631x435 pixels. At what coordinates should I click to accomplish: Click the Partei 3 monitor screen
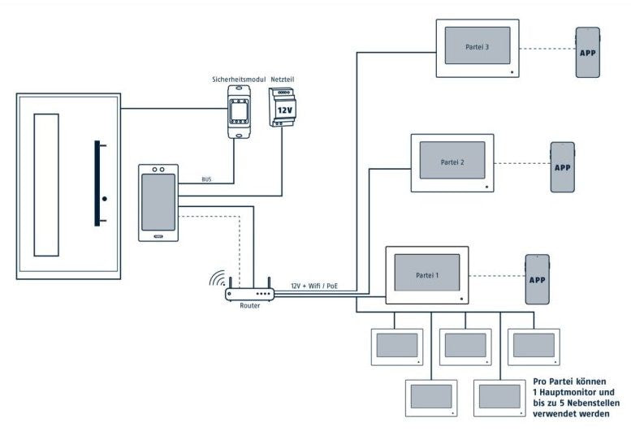477,46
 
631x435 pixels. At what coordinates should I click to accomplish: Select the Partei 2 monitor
452,162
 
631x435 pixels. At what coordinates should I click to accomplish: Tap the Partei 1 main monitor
427,274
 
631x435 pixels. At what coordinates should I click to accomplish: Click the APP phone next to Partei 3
588,52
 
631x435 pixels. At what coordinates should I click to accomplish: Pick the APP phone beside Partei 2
562,167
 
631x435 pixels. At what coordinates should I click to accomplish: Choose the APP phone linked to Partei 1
537,279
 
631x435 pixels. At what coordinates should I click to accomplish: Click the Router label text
249,305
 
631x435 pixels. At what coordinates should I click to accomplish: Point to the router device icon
249,291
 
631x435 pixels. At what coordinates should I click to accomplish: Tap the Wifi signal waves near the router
217,279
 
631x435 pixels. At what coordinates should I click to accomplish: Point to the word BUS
207,179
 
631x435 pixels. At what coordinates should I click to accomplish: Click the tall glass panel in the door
46,185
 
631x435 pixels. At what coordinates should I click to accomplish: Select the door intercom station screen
158,201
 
